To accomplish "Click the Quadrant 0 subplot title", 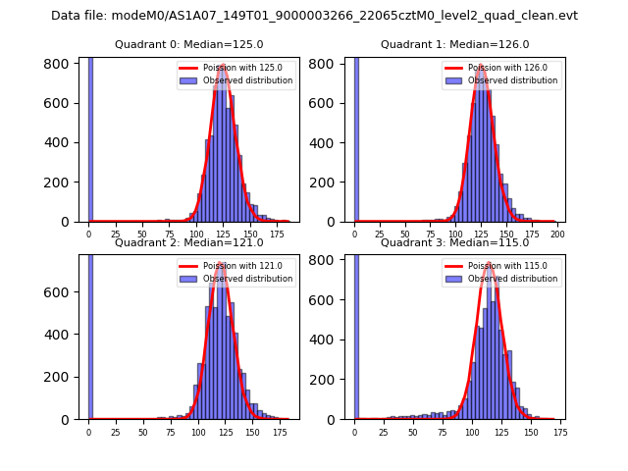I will point(188,44).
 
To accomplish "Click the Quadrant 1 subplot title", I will point(454,44).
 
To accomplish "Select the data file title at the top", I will point(314,16).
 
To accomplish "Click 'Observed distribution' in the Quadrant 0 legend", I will point(247,80).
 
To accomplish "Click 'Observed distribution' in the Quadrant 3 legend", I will point(513,278).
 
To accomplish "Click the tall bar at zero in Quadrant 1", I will point(356,137).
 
